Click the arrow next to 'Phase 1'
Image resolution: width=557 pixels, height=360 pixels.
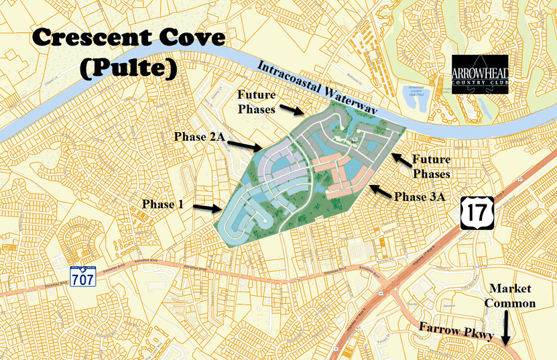click(208, 208)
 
